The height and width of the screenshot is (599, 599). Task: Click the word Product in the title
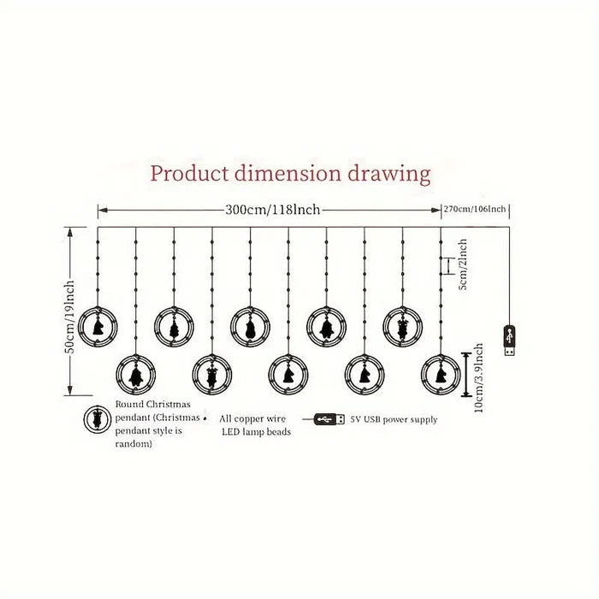(189, 175)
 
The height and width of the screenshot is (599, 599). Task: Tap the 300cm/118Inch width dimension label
(272, 210)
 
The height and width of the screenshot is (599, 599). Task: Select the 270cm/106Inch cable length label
(474, 210)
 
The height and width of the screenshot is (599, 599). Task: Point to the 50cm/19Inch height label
(70, 317)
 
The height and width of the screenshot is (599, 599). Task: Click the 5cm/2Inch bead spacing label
(462, 264)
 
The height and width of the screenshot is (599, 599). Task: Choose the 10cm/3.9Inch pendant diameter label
(478, 377)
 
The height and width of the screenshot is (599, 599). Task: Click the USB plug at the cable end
(509, 340)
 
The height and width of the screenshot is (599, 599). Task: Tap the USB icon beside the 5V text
(329, 419)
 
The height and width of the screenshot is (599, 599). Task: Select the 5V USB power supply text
(394, 419)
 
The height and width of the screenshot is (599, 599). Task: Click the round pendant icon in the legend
(98, 419)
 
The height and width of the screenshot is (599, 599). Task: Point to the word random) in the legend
(133, 444)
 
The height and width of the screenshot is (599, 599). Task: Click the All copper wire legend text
(252, 418)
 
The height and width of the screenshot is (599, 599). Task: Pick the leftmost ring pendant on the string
(98, 327)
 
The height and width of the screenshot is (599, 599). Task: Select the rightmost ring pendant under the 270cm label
(441, 375)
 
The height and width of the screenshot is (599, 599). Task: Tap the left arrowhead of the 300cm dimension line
(103, 210)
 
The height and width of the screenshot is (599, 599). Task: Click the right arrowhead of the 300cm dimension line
(436, 210)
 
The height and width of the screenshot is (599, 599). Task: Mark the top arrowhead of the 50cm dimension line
(70, 232)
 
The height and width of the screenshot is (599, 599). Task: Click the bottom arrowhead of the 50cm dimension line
(70, 390)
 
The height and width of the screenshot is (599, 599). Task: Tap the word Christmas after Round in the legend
(168, 404)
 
